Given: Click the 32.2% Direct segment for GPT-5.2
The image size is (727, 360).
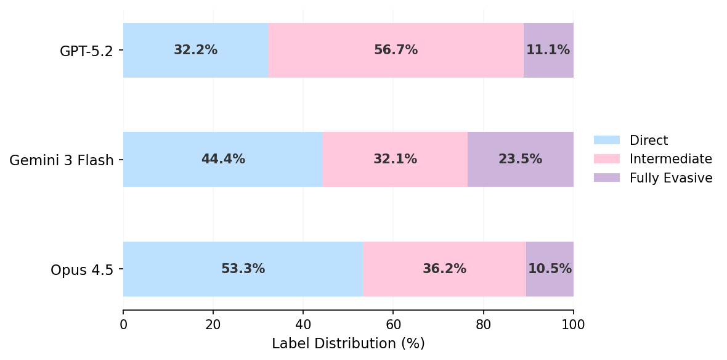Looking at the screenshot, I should pyautogui.click(x=195, y=51).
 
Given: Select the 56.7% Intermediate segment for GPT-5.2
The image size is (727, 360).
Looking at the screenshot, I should pyautogui.click(x=396, y=51).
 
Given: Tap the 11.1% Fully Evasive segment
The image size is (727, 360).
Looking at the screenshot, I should pyautogui.click(x=548, y=51).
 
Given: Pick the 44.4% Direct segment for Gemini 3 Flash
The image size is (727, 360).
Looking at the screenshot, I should pyautogui.click(x=223, y=160).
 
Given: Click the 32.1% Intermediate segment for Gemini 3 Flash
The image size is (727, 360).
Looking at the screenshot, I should pyautogui.click(x=395, y=160).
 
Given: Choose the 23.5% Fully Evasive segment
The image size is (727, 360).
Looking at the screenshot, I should pyautogui.click(x=521, y=160).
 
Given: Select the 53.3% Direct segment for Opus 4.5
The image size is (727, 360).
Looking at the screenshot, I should pyautogui.click(x=243, y=269).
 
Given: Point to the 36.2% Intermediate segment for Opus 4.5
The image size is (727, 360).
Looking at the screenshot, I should pyautogui.click(x=444, y=269).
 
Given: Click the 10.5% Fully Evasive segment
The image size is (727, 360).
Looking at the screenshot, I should pyautogui.click(x=550, y=269).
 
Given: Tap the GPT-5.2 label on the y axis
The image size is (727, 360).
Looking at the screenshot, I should pyautogui.click(x=86, y=51).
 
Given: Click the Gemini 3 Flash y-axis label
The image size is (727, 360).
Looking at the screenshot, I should pyautogui.click(x=62, y=161).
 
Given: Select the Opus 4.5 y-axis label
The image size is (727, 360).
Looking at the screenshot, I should pyautogui.click(x=82, y=270).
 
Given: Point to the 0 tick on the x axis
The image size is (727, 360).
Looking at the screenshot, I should pyautogui.click(x=123, y=324).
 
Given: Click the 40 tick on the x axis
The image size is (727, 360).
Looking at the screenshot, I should pyautogui.click(x=303, y=324).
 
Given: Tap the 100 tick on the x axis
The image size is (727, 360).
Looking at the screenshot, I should pyautogui.click(x=574, y=324).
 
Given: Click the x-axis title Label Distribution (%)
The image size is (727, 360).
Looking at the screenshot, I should pyautogui.click(x=348, y=344).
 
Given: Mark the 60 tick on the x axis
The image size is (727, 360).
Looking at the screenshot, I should pyautogui.click(x=393, y=324).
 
